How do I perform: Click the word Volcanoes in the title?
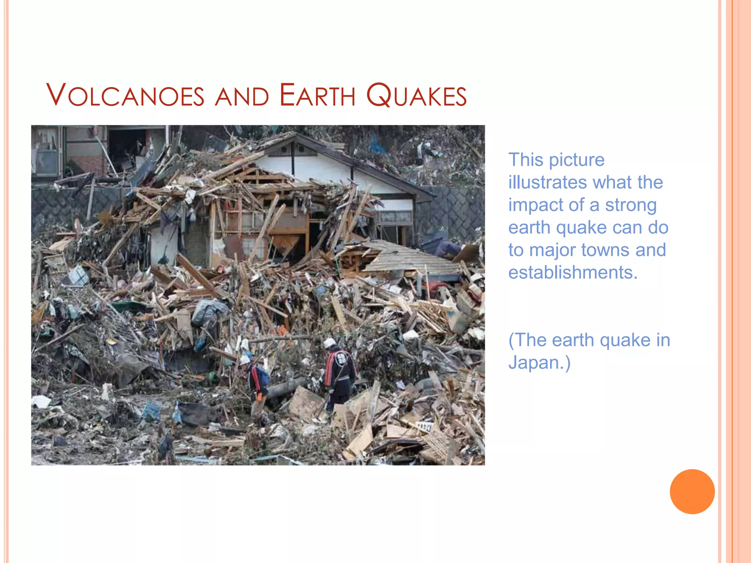[x=125, y=96]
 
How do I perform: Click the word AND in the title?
[x=242, y=97]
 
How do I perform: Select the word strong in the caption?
[x=631, y=205]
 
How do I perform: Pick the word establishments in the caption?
[x=573, y=272]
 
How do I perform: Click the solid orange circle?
[x=692, y=492]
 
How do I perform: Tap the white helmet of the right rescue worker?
[x=330, y=343]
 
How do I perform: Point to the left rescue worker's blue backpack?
[x=263, y=376]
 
